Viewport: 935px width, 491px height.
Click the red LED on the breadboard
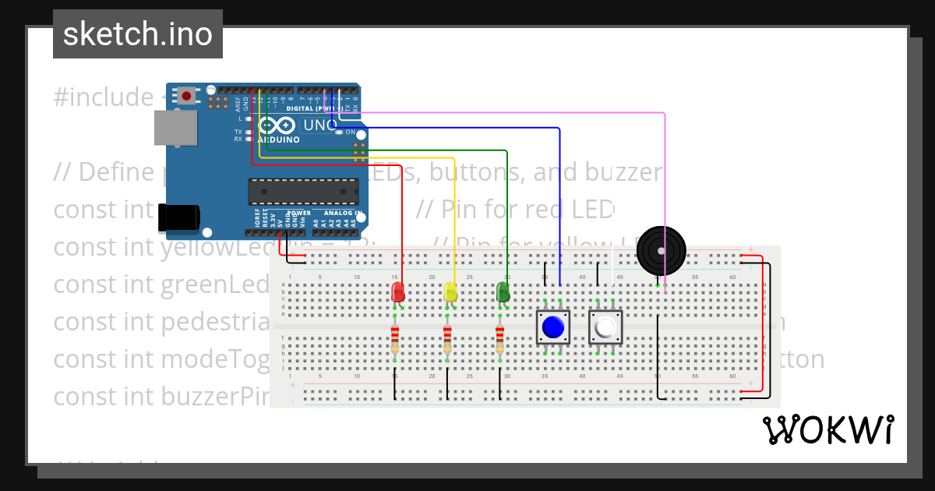[397, 293]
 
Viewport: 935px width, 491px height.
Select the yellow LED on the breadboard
[450, 293]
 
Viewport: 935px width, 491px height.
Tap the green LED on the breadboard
[503, 293]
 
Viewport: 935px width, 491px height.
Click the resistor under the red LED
[395, 338]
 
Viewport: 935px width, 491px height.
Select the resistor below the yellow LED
[447, 338]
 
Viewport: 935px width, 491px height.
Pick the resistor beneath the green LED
[499, 338]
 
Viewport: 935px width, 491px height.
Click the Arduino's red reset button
[187, 96]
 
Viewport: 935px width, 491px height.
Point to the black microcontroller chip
[296, 192]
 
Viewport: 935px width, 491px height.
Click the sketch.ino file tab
[138, 34]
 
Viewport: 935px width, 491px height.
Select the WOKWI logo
[828, 430]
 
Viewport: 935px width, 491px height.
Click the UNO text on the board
[319, 125]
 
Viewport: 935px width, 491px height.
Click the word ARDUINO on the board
[278, 140]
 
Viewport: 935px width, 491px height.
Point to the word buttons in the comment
[482, 171]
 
